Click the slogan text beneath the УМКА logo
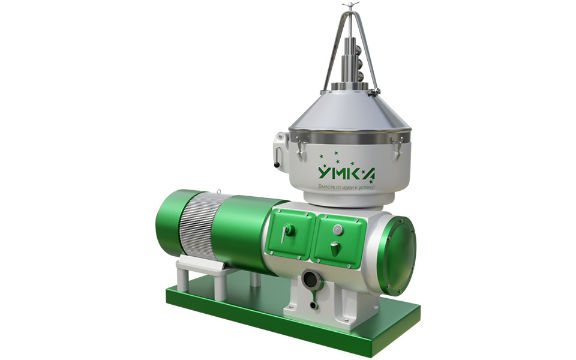pos(346,187)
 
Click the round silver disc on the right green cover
pos(337,230)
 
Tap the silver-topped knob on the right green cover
pos(335,248)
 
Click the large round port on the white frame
pos(311,281)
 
